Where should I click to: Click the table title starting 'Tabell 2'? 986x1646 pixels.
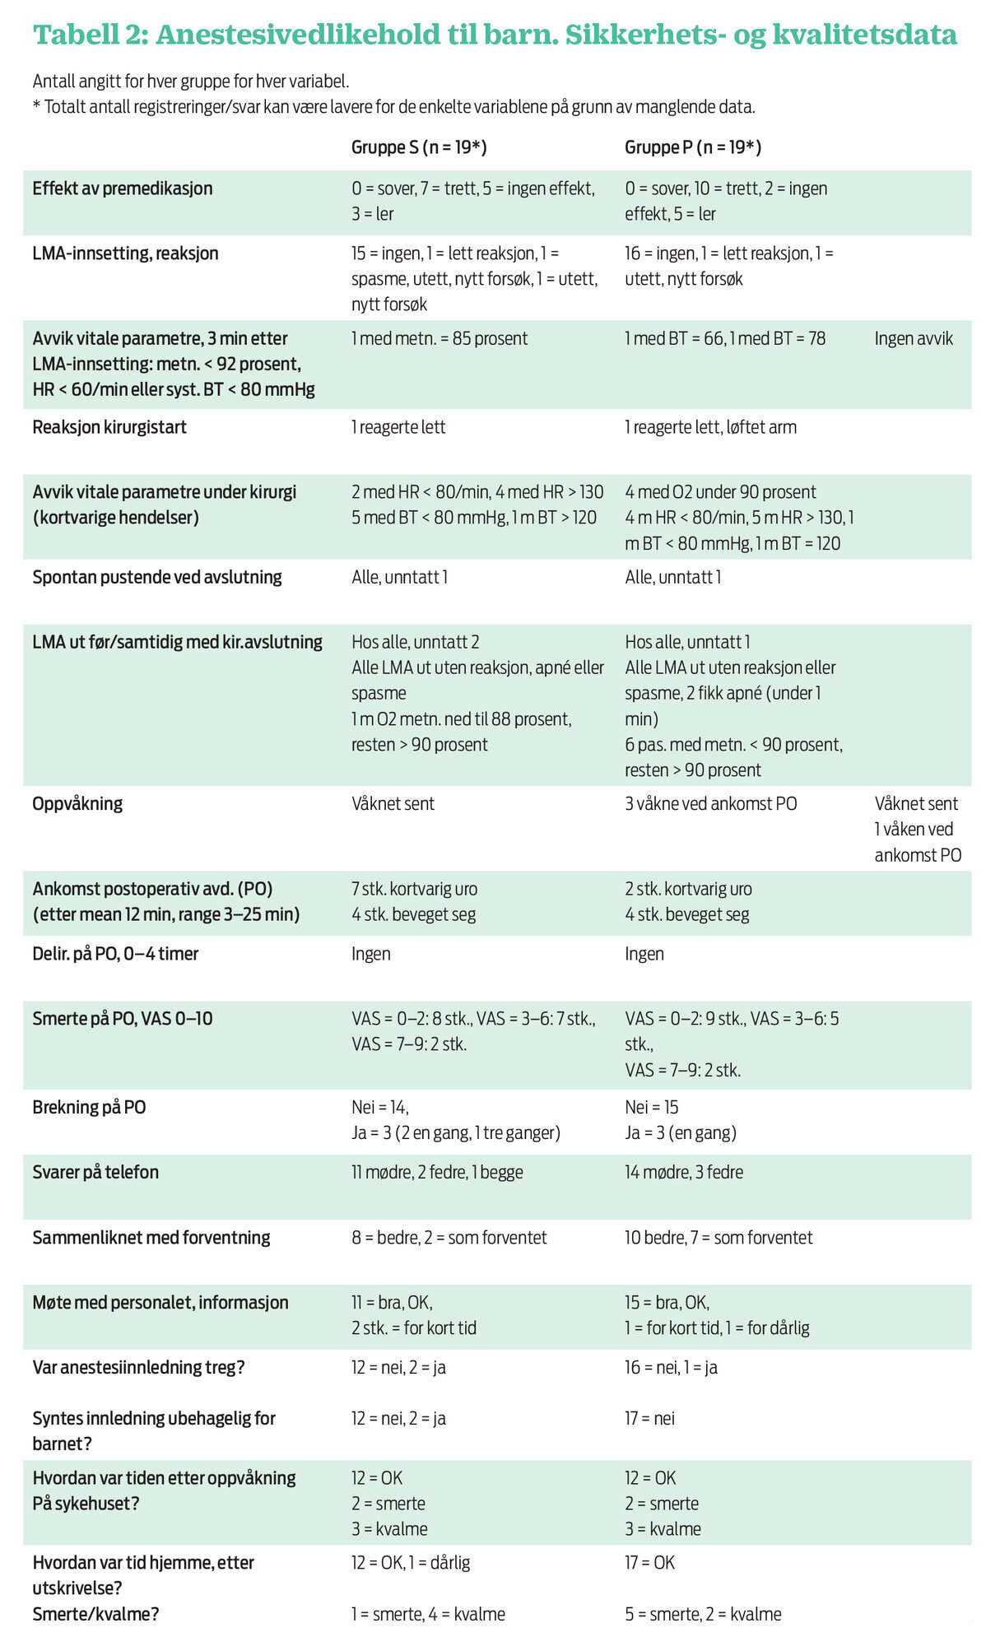point(494,35)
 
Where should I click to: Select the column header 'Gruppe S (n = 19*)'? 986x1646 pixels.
point(419,147)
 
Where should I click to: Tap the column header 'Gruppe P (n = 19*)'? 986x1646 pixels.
point(692,147)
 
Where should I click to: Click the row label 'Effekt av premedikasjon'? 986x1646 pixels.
point(123,188)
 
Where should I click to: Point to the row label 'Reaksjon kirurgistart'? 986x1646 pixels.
point(109,427)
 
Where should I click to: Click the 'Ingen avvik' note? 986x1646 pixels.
point(914,338)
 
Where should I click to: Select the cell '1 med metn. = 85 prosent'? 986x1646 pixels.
point(440,338)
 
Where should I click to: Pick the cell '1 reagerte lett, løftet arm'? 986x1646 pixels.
point(710,427)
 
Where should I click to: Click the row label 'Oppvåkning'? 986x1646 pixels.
point(77,803)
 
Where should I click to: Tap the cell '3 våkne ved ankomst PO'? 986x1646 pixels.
point(710,803)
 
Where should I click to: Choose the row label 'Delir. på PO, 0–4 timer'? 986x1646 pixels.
point(115,954)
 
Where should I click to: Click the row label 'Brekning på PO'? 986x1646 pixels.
point(89,1107)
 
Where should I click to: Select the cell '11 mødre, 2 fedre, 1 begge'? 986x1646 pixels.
point(437,1172)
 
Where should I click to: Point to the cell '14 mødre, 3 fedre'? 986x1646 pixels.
point(683,1172)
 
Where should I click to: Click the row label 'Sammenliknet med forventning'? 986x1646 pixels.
point(151,1237)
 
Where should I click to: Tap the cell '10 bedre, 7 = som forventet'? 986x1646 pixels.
point(718,1237)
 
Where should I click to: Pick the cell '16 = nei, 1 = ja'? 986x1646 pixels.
point(671,1367)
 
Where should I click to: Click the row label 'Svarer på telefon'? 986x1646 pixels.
point(95,1172)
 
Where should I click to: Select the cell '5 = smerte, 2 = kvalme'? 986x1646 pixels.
point(703,1614)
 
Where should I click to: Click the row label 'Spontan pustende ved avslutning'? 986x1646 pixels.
point(157,577)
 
